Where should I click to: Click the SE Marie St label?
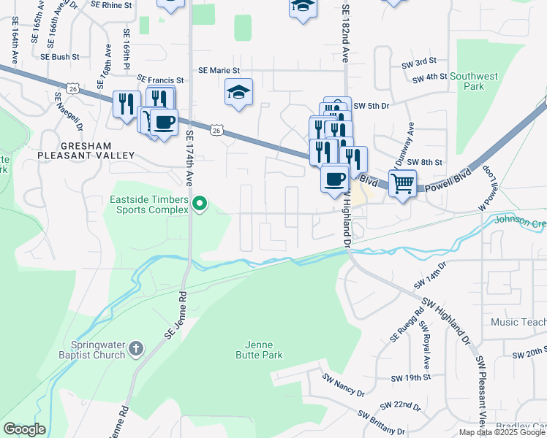click(219, 71)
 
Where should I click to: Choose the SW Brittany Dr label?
click(381, 424)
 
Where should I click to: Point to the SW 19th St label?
click(410, 378)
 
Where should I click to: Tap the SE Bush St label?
click(59, 56)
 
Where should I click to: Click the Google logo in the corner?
click(24, 429)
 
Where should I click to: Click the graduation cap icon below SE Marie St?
click(238, 93)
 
